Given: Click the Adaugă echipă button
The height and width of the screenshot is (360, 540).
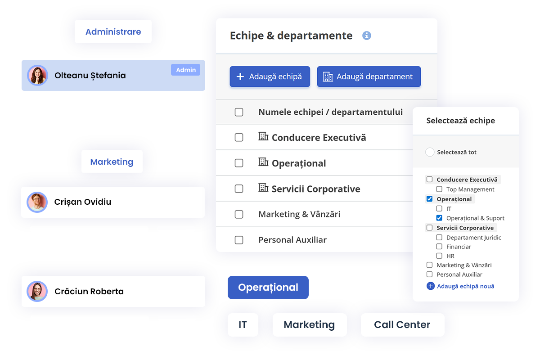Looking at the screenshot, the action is (270, 76).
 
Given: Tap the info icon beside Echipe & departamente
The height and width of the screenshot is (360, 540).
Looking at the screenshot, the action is (366, 36).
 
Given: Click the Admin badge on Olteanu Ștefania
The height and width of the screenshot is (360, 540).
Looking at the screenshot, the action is (185, 70).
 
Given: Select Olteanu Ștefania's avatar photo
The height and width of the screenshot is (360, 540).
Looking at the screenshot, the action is (37, 76).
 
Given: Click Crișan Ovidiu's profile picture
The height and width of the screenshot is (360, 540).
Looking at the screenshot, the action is (37, 202).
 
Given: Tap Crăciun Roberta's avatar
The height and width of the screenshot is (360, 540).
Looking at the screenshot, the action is (37, 291).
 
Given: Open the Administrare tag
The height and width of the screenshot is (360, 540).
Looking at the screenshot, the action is (113, 31).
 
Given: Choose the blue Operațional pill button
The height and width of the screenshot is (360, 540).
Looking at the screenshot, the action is (268, 288).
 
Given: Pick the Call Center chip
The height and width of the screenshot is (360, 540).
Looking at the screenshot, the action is (402, 324).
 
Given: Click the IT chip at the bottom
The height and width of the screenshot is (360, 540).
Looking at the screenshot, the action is (243, 324).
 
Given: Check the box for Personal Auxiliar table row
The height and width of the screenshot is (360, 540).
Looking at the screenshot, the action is (239, 240).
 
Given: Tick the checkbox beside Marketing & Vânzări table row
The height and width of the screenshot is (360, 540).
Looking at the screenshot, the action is (239, 214).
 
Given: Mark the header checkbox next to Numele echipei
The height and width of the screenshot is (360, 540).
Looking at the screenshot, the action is (239, 112).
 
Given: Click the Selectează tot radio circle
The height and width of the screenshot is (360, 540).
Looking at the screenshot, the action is (430, 152).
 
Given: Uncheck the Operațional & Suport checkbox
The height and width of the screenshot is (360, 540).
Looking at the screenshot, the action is (439, 218).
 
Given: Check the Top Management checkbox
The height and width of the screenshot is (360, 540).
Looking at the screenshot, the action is (439, 189).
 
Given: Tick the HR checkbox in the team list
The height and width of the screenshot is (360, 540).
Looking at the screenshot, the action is (439, 256).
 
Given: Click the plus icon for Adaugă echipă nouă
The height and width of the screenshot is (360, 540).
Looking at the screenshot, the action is (431, 286).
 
